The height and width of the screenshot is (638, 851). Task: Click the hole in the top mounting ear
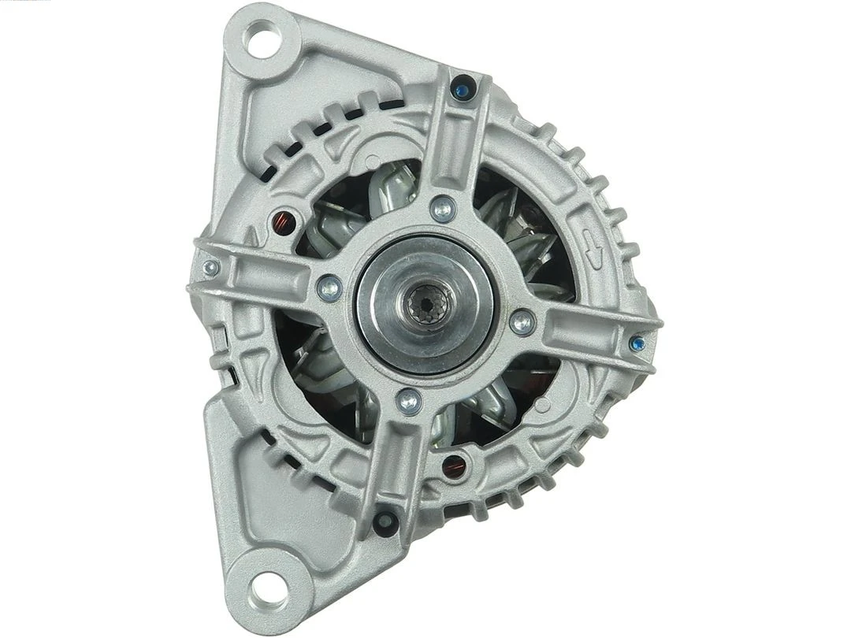coord(261,39)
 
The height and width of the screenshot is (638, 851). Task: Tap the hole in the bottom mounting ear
coord(262,587)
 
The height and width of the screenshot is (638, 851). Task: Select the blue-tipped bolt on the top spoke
coord(463,89)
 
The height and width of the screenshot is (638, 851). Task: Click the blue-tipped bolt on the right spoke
coord(638,343)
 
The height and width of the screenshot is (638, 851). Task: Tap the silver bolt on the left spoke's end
coord(210,267)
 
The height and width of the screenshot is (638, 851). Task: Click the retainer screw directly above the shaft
coord(444,209)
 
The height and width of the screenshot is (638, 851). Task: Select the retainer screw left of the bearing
coord(329,287)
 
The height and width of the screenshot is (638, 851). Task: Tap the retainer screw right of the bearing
coord(522,321)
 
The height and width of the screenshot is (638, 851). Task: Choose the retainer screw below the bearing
coord(408,401)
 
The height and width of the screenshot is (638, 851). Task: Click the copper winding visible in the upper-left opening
coord(281,221)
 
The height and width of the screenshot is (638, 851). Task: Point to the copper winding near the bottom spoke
coord(452,467)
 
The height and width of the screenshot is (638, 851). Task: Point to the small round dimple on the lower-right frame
coord(543,405)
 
